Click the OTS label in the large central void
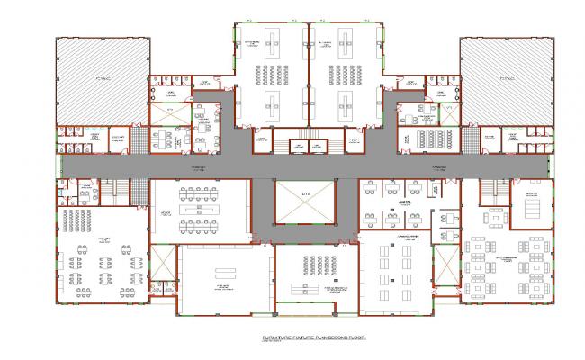[x=304, y=194]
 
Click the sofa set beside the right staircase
[x=494, y=220]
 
